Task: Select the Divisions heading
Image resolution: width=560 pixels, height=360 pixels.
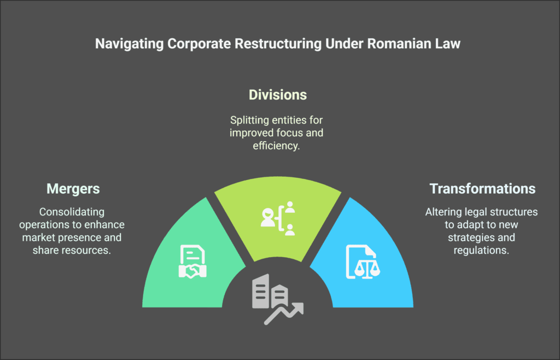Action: tap(278, 95)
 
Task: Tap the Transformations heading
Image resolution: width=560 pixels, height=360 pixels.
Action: tap(482, 189)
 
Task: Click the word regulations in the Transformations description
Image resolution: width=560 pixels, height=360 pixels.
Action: tap(481, 250)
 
